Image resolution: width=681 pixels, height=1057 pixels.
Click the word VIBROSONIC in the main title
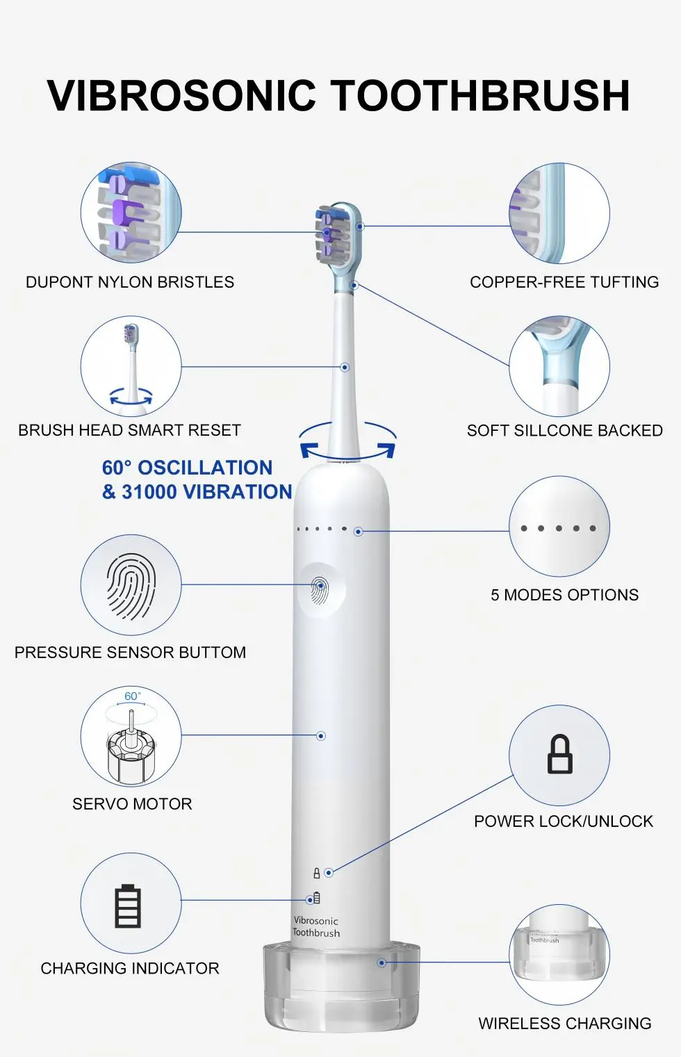pos(181,95)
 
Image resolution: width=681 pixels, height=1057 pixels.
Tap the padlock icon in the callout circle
pos(559,753)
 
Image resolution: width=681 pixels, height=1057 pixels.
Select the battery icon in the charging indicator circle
pos(128,906)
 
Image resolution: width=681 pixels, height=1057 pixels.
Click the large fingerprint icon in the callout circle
pos(131,587)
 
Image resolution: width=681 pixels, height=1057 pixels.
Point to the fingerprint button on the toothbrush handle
pos(321,590)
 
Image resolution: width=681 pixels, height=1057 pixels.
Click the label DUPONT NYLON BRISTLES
pos(130,282)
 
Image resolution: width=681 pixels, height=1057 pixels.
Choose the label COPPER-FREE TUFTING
pos(564,282)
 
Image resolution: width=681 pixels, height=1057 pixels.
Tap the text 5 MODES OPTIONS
pos(564,595)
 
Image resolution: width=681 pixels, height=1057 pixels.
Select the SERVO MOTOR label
pos(132,804)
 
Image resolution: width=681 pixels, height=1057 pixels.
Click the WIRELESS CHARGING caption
pos(565,1024)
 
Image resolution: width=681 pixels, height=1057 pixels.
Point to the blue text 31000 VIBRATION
pos(206,492)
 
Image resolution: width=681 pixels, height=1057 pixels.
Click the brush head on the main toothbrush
pos(338,240)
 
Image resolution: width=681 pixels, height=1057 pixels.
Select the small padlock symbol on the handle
pos(317,874)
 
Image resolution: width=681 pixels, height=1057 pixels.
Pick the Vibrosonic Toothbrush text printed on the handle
pos(315,926)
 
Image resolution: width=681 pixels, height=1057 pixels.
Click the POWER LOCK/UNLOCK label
pos(564,821)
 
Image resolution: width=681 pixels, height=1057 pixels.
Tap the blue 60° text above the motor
pos(132,696)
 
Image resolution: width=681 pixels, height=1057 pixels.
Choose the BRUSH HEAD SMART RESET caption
pos(129,430)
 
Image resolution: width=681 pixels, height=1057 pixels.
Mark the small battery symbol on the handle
pos(317,897)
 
